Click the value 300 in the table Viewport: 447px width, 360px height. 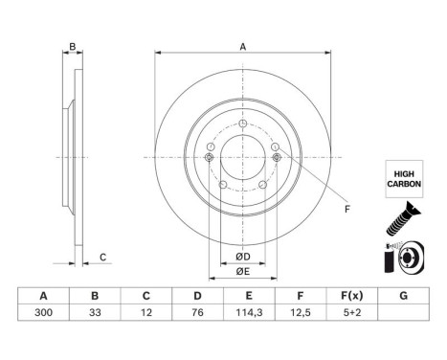point(43,312)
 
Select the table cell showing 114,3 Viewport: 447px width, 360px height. point(249,312)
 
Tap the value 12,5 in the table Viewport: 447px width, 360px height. point(301,312)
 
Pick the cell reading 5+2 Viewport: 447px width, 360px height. point(352,312)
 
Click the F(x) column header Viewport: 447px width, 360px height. point(352,296)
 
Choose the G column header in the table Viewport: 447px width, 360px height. point(404,296)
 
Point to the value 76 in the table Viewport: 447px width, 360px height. point(197,312)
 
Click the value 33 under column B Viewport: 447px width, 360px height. point(95,312)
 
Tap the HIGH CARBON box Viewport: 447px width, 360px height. point(404,179)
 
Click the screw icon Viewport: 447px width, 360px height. point(403,219)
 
